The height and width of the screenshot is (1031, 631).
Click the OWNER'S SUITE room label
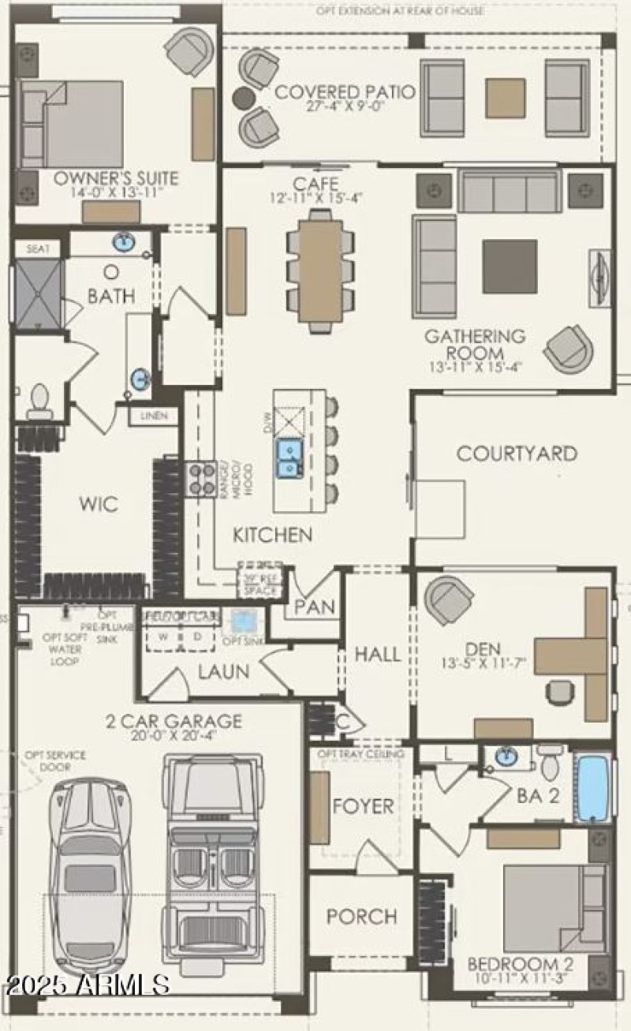coord(116,177)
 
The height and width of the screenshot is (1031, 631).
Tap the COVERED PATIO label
coord(345,92)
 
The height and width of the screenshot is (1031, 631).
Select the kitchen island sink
coord(289,459)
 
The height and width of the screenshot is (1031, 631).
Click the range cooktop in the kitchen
coord(201,479)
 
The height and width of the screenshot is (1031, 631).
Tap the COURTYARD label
coord(517,454)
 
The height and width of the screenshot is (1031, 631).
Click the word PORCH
coord(361,917)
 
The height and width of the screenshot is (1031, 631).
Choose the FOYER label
coord(363,806)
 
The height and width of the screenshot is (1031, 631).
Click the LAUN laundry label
coord(223,672)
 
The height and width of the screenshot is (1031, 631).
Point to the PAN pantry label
coord(315,607)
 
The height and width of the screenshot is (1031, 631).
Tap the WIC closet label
coord(99,504)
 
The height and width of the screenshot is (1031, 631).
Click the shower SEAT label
coord(38,248)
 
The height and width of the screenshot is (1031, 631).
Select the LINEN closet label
coord(154,416)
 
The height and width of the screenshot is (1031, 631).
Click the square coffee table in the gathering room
coord(510,267)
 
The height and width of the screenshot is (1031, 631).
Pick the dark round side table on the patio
coord(245,98)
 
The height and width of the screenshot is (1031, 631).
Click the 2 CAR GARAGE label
coord(174,721)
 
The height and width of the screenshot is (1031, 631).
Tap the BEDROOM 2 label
coord(521,964)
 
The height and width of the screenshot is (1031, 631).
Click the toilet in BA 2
coord(550,764)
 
